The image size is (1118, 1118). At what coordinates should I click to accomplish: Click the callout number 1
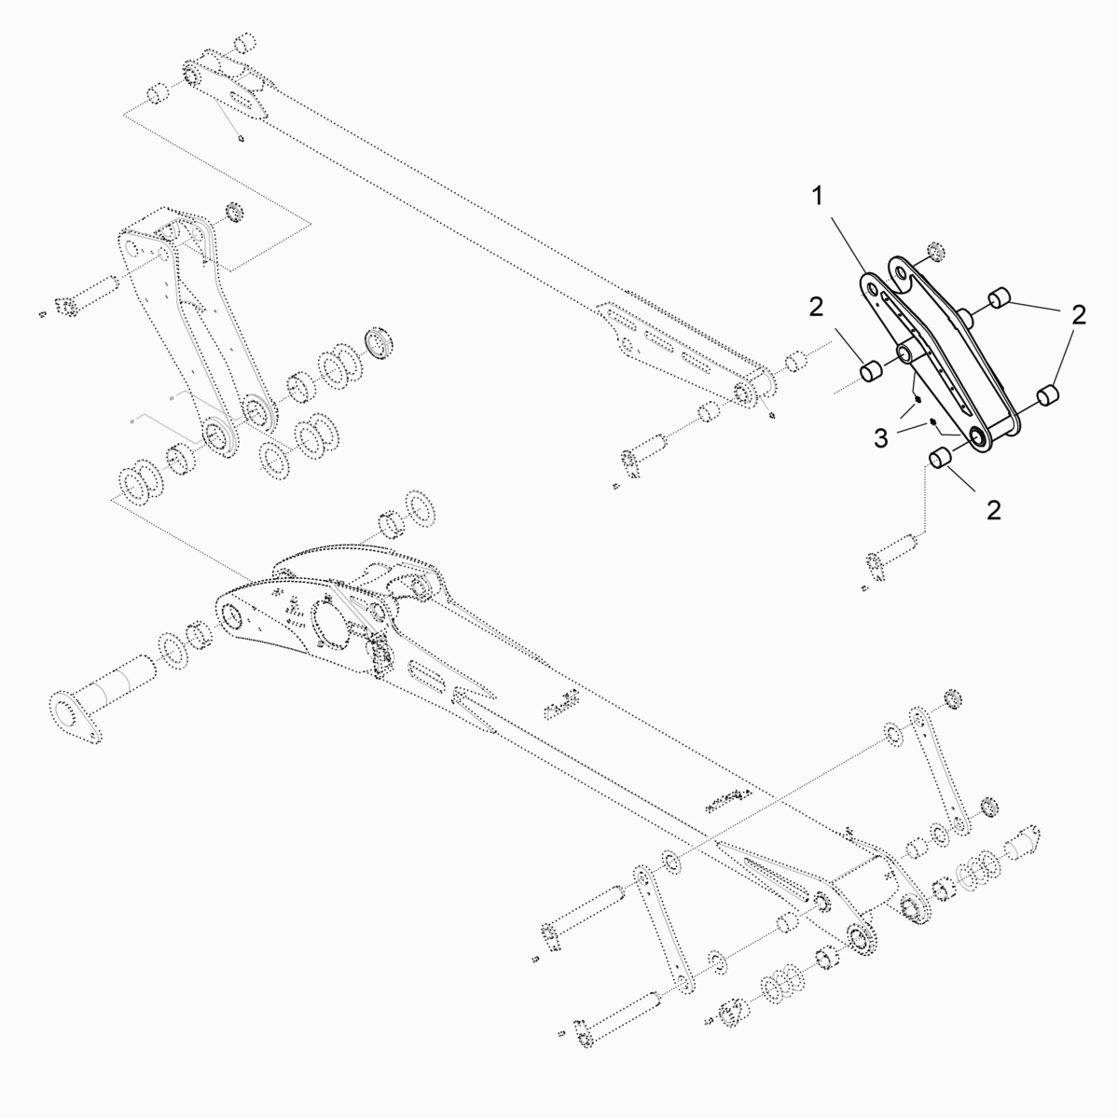coord(819,196)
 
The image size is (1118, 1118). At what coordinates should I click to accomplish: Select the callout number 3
coord(881,438)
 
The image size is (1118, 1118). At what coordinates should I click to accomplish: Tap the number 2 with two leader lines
coord(1079,314)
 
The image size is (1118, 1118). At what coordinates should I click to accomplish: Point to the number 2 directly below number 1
coord(817,308)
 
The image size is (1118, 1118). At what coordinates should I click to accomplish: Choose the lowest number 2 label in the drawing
coord(994,510)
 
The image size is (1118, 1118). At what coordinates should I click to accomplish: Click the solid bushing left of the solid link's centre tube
coord(871,371)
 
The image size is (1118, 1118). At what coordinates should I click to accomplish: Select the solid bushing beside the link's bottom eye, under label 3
coord(941,458)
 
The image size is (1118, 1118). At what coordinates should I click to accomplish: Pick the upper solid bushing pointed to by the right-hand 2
coord(1001,297)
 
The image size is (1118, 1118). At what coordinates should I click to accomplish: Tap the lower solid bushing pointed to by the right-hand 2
coord(1047,395)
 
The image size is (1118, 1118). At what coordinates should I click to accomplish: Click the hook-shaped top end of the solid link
coord(904,274)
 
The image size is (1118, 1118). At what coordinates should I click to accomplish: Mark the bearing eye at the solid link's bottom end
coord(979,438)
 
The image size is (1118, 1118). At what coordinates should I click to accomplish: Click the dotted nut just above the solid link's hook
coord(936,251)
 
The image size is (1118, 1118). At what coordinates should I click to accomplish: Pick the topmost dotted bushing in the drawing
coord(246,42)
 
